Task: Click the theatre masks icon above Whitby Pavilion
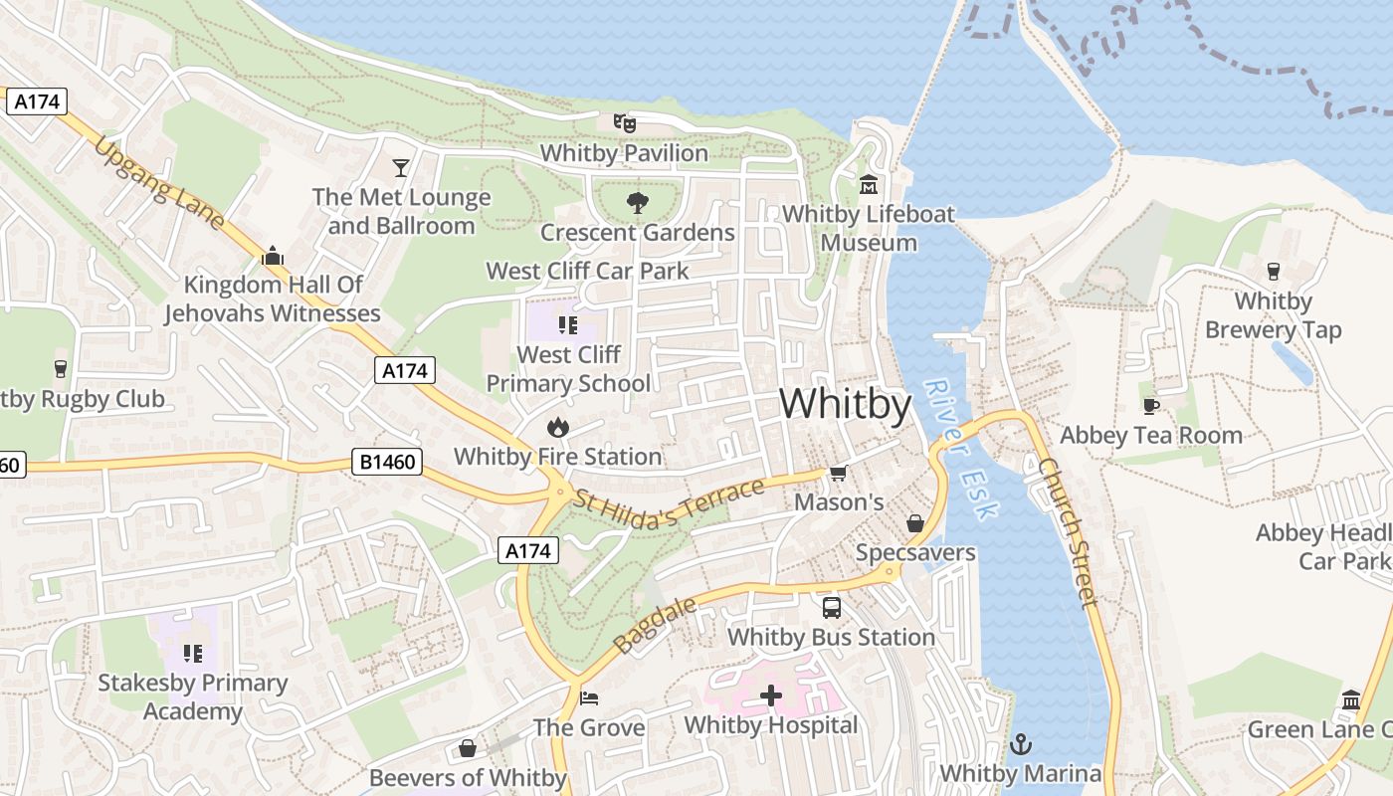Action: tap(625, 123)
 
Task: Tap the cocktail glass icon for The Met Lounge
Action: tap(401, 167)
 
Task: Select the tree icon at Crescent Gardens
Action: tap(637, 203)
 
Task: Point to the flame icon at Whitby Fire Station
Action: tap(557, 428)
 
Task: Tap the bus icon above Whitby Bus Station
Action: tap(831, 607)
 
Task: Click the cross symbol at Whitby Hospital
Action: tap(771, 696)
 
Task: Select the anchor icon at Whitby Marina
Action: tap(1020, 744)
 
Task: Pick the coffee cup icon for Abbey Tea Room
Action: tap(1151, 406)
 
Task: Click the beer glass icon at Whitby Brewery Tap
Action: tap(1273, 272)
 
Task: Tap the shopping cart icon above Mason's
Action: tap(838, 474)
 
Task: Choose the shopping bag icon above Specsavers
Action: tap(915, 523)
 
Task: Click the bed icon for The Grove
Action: tap(589, 698)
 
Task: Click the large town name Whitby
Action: tap(845, 405)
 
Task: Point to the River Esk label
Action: tap(959, 449)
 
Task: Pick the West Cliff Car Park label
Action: tap(587, 271)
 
